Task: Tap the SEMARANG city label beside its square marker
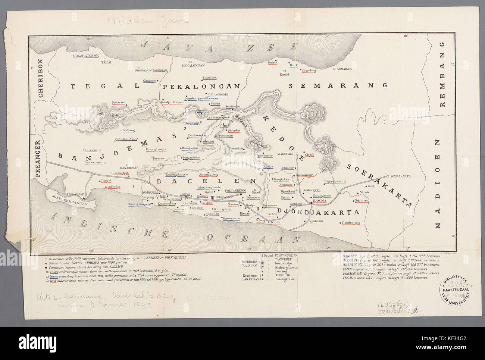[345, 69]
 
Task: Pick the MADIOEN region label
[438, 184]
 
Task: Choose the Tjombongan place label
[350, 223]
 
